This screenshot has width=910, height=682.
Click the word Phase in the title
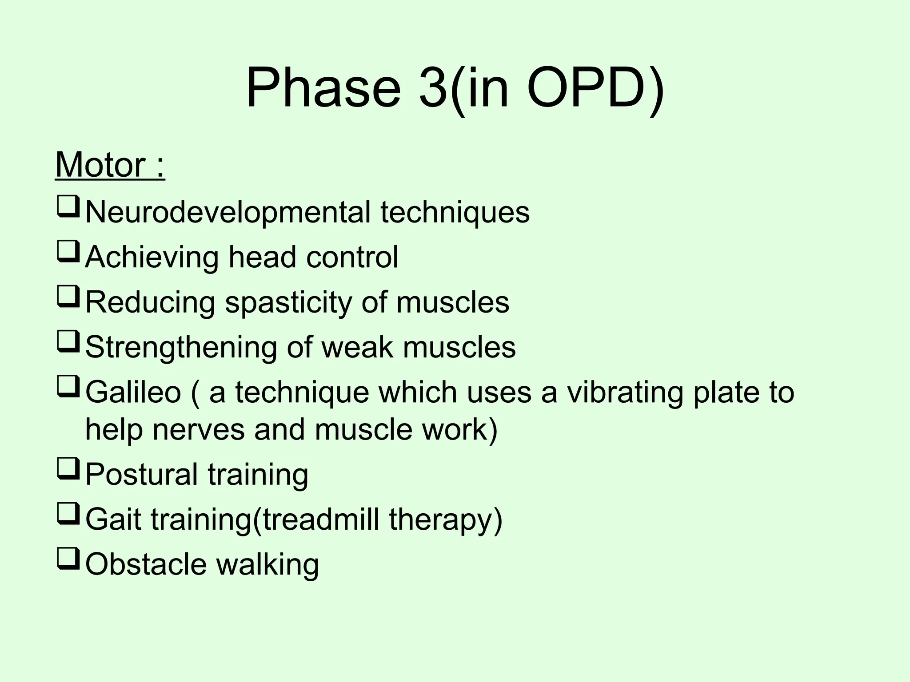pyautogui.click(x=323, y=87)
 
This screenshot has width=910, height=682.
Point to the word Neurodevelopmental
pyautogui.click(x=227, y=212)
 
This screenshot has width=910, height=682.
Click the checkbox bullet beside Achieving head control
pyautogui.click(x=68, y=253)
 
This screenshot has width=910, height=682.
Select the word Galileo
pyautogui.click(x=133, y=393)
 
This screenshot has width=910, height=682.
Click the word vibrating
pyautogui.click(x=624, y=393)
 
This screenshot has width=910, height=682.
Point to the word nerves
pyautogui.click(x=198, y=430)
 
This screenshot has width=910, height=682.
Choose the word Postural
pyautogui.click(x=141, y=474)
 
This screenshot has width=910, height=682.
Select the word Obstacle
pyautogui.click(x=146, y=564)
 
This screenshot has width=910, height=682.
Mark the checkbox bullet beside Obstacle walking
pyautogui.click(x=68, y=560)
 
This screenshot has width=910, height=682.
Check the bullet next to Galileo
pyautogui.click(x=68, y=388)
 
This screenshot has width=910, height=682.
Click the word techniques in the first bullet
pyautogui.click(x=455, y=212)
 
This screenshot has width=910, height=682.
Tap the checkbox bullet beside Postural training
pyautogui.click(x=68, y=470)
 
